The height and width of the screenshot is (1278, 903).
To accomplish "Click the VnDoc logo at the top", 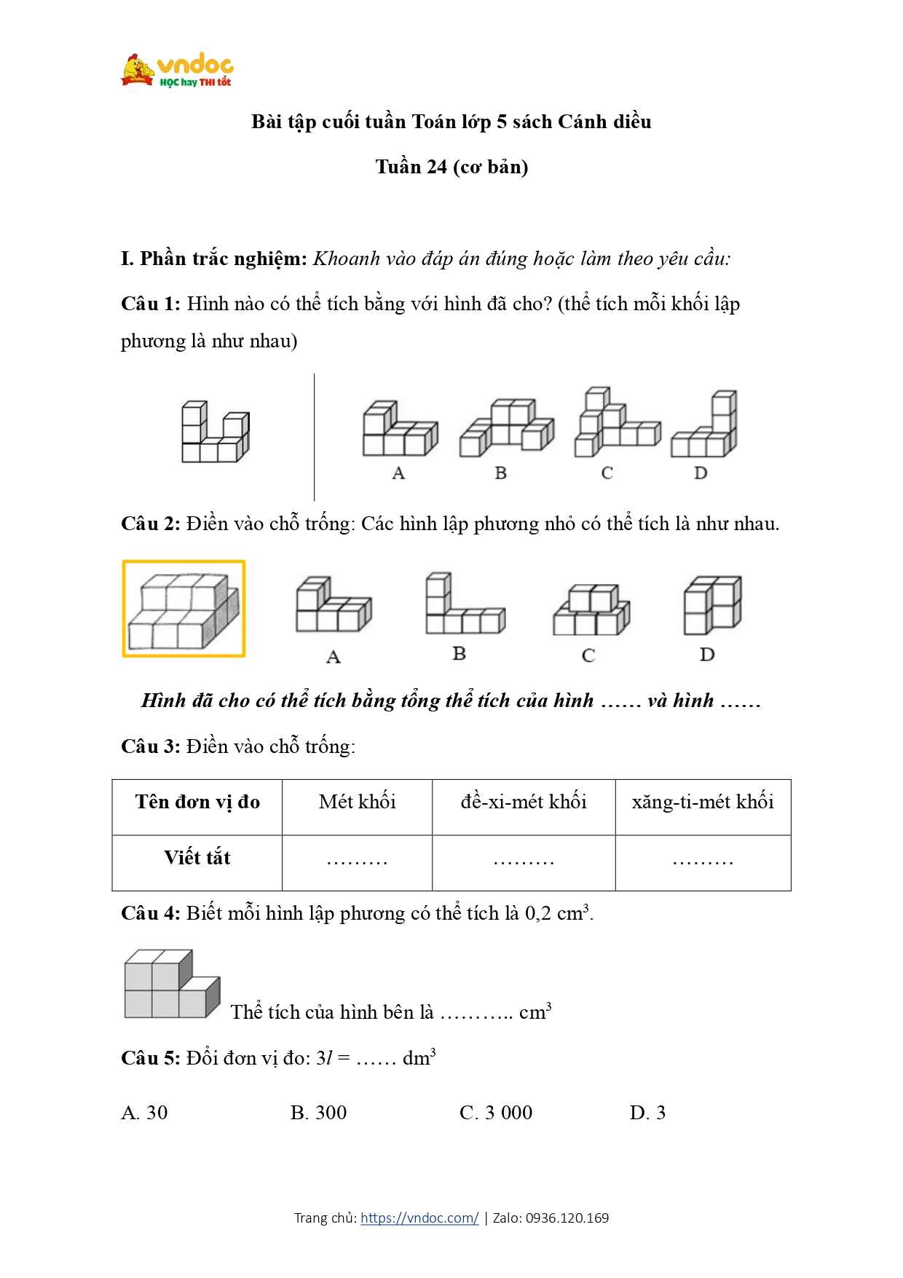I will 177,71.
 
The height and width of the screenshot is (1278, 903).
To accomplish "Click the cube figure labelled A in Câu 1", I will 399,430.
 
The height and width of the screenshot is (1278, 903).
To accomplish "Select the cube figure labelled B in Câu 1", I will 505,428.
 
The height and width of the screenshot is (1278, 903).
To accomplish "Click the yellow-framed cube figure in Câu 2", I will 184,609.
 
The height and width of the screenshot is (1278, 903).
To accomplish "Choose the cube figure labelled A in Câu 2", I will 333,606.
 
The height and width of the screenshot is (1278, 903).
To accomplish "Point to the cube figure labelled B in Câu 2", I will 464,604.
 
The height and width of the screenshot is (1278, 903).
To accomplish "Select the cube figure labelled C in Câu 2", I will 591,610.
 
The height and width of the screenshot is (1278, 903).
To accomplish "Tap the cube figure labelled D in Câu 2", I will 711,605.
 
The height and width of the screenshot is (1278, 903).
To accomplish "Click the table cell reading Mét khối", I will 357,802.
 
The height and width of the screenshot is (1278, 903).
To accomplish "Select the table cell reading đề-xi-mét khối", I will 524,802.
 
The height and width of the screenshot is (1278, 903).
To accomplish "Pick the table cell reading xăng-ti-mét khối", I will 703,802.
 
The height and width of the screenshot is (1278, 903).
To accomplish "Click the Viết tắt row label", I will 197,859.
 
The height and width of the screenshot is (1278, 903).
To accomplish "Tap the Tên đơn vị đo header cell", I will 197,802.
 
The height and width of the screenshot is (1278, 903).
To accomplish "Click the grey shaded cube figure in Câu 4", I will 172,985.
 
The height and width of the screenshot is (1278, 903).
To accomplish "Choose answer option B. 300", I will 318,1113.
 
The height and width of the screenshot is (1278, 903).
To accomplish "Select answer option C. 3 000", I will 496,1113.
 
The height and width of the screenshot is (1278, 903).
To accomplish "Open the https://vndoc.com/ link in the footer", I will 419,1218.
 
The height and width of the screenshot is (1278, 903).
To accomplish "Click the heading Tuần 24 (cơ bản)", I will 451,167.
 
